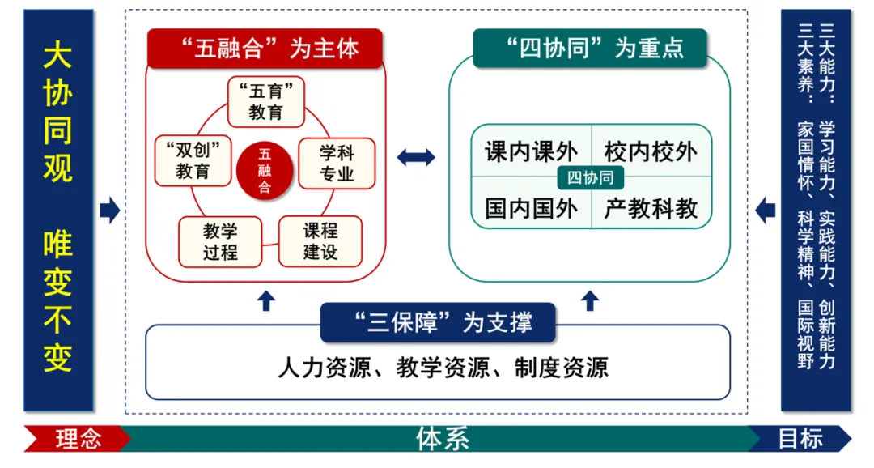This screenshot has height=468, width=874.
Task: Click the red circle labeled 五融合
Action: [x=265, y=170]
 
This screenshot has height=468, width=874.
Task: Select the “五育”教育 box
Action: [x=266, y=101]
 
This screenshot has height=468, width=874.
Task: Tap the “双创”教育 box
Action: [x=193, y=160]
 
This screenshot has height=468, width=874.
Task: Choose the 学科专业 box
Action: [x=337, y=163]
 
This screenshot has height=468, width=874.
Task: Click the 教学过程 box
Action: [x=220, y=241]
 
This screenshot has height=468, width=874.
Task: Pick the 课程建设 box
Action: [x=320, y=241]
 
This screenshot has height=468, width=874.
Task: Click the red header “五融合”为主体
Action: [x=265, y=49]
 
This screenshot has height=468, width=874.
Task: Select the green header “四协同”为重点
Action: [x=590, y=49]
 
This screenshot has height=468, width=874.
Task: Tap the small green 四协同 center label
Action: [x=591, y=178]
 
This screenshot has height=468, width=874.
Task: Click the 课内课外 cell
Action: [x=531, y=151]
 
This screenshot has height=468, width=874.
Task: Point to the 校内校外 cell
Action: [x=651, y=151]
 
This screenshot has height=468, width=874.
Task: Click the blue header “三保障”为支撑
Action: [x=438, y=322]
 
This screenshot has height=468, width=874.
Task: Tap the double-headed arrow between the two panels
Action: [x=416, y=157]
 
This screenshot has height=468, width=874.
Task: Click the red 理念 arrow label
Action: [x=78, y=439]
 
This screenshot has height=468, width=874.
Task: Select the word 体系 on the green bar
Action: [x=443, y=439]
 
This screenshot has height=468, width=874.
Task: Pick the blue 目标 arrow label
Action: [x=800, y=439]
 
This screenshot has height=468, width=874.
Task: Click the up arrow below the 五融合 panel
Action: [x=266, y=300]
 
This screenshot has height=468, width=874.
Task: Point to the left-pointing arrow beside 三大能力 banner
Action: [x=765, y=211]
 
